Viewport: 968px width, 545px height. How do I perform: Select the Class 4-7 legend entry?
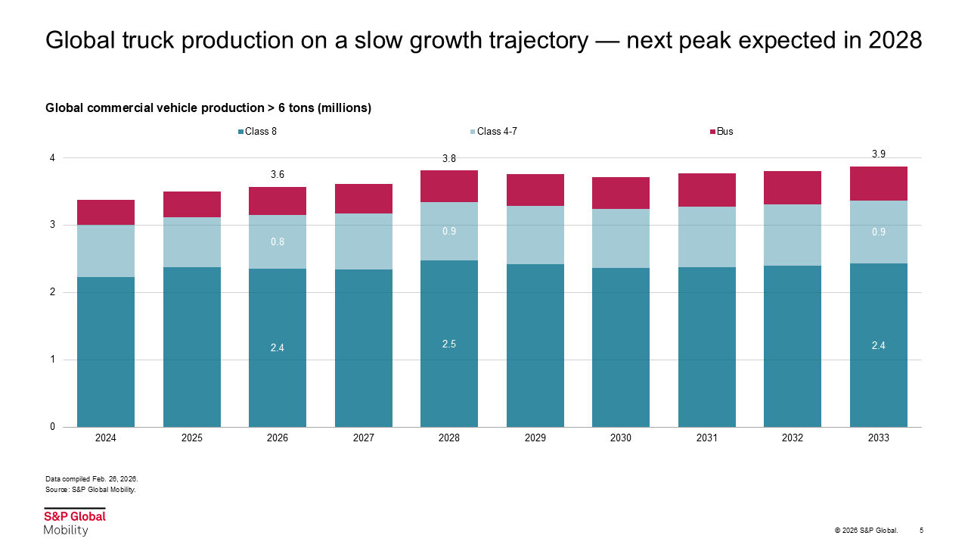pyautogui.click(x=496, y=132)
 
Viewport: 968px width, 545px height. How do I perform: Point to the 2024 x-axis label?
pyautogui.click(x=106, y=438)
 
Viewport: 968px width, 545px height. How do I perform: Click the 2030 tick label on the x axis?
pyautogui.click(x=621, y=438)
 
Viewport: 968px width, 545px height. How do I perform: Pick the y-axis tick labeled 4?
pyautogui.click(x=52, y=158)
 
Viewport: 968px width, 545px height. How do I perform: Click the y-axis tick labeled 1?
pyautogui.click(x=52, y=360)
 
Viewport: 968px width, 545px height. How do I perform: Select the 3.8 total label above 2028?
pyautogui.click(x=449, y=159)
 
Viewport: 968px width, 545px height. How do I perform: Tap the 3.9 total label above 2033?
pyautogui.click(x=879, y=154)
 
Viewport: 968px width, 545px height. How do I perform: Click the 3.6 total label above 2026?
pyautogui.click(x=278, y=175)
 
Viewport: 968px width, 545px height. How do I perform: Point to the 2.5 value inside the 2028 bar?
pyautogui.click(x=449, y=344)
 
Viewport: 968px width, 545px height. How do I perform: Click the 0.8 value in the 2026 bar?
pyautogui.click(x=278, y=242)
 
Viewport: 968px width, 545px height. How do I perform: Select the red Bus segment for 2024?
pyautogui.click(x=106, y=212)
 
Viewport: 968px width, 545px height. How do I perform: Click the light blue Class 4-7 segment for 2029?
pyautogui.click(x=535, y=235)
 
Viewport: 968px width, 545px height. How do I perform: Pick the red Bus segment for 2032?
pyautogui.click(x=793, y=188)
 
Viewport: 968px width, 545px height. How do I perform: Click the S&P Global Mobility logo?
pyautogui.click(x=74, y=522)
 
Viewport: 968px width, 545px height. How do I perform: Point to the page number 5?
pyautogui.click(x=921, y=530)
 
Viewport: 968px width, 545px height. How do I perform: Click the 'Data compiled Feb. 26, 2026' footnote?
pyautogui.click(x=92, y=479)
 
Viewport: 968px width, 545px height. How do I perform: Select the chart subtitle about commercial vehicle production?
pyautogui.click(x=208, y=108)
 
